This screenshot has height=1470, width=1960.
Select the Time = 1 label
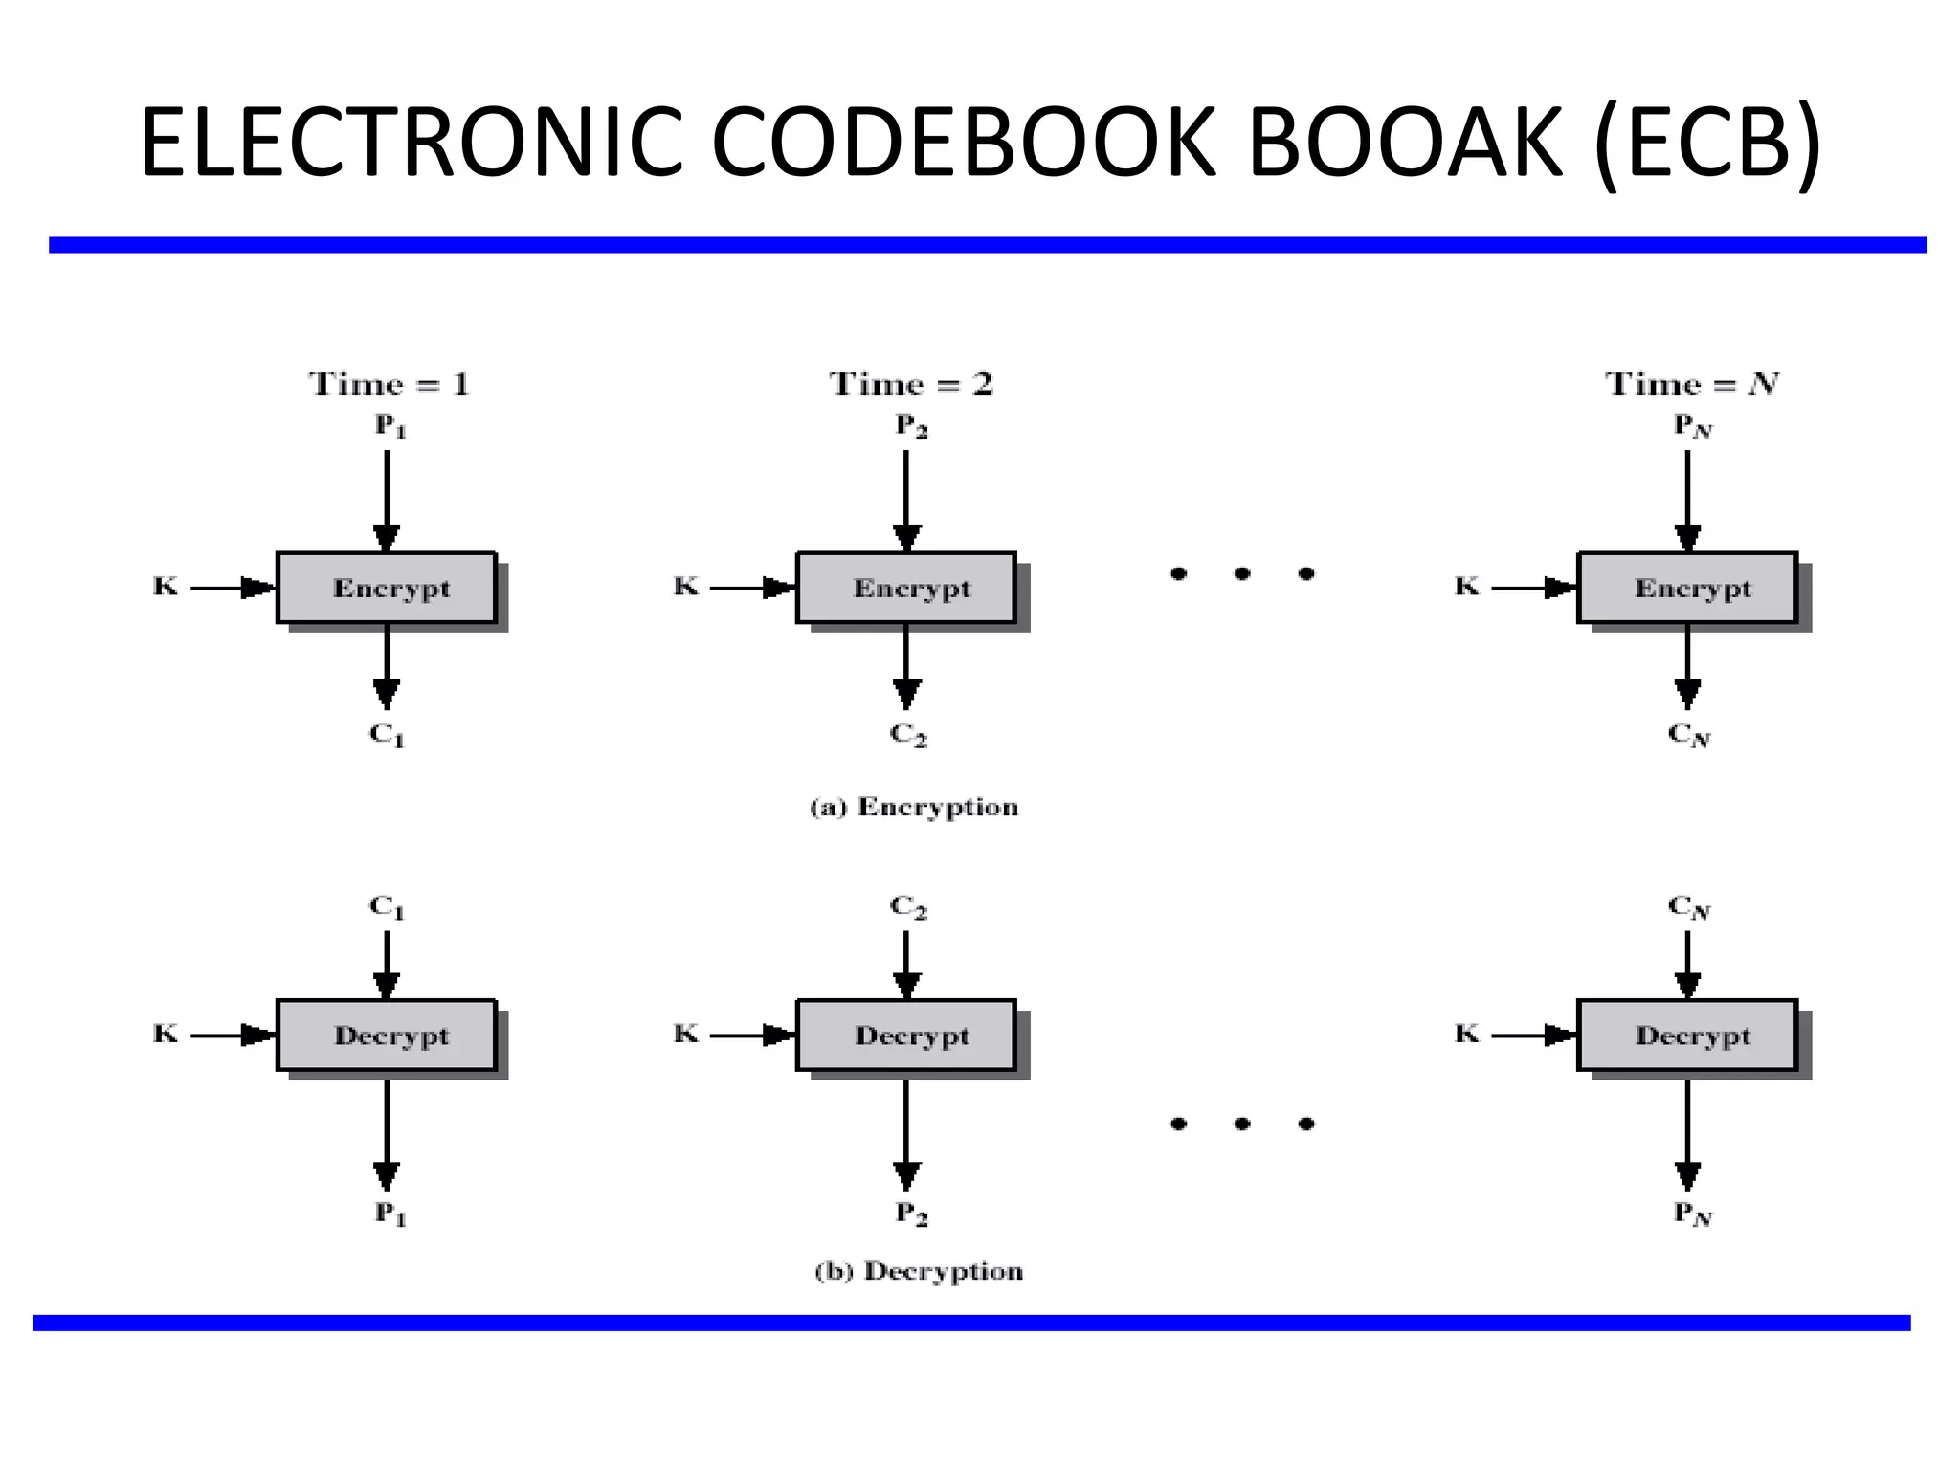[390, 385]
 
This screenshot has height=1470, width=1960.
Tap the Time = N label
[1691, 385]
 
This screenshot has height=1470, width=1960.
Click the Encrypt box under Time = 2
[906, 588]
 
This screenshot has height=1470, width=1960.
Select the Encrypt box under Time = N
[1687, 588]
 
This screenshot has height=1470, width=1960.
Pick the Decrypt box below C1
[387, 1036]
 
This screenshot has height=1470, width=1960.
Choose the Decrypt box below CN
[1687, 1036]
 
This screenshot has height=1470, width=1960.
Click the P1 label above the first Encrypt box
[390, 426]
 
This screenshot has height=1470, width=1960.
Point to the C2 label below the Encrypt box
[908, 735]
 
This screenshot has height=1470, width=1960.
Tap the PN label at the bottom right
[1691, 1214]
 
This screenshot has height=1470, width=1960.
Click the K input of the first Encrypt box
[166, 586]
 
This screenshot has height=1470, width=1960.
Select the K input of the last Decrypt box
[1466, 1034]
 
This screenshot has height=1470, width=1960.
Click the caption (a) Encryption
[914, 808]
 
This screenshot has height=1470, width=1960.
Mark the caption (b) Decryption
[919, 1272]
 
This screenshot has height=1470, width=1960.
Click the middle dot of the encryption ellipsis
[1242, 574]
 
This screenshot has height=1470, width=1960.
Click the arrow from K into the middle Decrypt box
[752, 1036]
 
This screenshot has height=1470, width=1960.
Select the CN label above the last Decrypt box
[1689, 906]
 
